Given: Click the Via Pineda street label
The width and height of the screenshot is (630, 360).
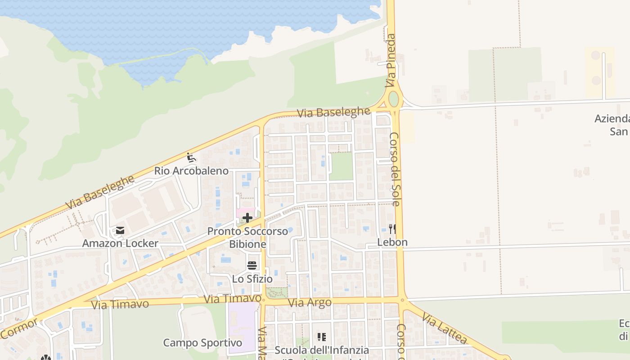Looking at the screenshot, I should pyautogui.click(x=391, y=61).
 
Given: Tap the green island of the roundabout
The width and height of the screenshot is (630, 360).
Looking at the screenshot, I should pyautogui.click(x=394, y=99).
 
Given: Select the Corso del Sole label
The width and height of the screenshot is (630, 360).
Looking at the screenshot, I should pyautogui.click(x=395, y=169).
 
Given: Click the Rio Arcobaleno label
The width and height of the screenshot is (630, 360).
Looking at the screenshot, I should pyautogui.click(x=191, y=171).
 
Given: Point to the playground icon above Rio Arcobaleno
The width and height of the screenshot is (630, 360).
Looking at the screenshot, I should pyautogui.click(x=191, y=157).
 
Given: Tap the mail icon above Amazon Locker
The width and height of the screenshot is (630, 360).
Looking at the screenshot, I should pyautogui.click(x=120, y=230).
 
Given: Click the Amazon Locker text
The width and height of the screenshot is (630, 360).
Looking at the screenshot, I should pyautogui.click(x=120, y=243).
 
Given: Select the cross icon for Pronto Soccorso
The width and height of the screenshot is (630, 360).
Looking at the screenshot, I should pyautogui.click(x=247, y=218).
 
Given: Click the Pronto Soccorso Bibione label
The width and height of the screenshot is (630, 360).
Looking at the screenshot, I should pyautogui.click(x=247, y=238).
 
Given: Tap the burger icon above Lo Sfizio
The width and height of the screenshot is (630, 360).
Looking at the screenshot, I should pyautogui.click(x=252, y=265).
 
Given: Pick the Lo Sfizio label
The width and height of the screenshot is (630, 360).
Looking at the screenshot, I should pyautogui.click(x=252, y=279).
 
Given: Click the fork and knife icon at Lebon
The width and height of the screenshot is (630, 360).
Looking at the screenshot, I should pyautogui.click(x=392, y=229).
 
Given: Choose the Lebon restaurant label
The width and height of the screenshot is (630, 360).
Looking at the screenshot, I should pyautogui.click(x=392, y=242).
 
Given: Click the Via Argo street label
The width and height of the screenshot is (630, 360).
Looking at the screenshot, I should pyautogui.click(x=310, y=302).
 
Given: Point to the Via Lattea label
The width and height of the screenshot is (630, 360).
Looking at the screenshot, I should pyautogui.click(x=445, y=329).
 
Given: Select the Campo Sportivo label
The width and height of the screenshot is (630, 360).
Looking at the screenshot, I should pyautogui.click(x=202, y=343).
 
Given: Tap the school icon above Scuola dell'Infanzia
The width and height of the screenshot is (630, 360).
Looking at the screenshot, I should pyautogui.click(x=321, y=337).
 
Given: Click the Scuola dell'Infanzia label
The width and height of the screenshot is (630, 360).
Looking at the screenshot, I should pyautogui.click(x=322, y=350).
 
